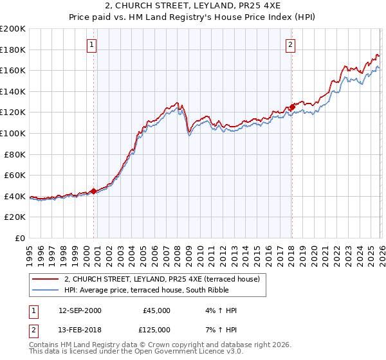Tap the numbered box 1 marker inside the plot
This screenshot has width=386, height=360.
click(x=93, y=45)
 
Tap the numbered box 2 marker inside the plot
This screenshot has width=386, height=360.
click(x=291, y=45)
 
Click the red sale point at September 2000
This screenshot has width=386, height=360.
click(x=93, y=190)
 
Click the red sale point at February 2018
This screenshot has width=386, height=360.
click(x=291, y=107)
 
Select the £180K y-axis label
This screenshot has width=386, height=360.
click(x=13, y=50)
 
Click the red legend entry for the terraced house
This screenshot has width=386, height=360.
click(x=161, y=279)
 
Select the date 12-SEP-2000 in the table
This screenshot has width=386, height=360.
click(x=80, y=310)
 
